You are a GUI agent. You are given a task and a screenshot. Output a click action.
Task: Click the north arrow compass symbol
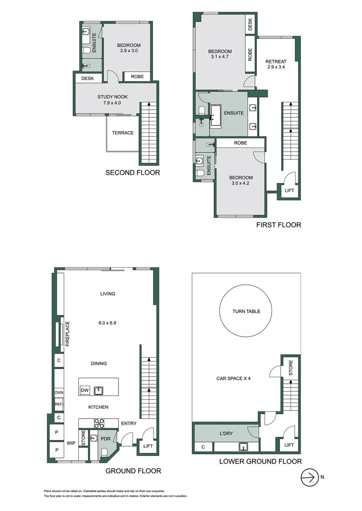(x=309, y=477)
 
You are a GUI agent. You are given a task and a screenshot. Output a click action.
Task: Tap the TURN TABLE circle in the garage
(x=246, y=311)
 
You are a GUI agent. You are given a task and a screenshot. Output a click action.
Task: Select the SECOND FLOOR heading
(x=132, y=173)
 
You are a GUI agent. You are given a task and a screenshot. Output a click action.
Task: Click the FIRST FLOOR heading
(x=279, y=225)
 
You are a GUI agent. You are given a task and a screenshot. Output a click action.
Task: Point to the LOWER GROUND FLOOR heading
(x=260, y=461)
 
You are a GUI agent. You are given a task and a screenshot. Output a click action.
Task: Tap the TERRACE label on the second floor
(x=123, y=133)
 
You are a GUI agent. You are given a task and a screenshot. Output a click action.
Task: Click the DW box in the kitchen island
(x=85, y=390)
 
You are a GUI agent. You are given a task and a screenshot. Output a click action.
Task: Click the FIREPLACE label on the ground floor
(x=67, y=334)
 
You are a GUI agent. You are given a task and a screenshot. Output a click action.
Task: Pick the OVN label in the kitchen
(x=59, y=393)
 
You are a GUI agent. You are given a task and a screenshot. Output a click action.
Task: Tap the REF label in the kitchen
(x=59, y=405)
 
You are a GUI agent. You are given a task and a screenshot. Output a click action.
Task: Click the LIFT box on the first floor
(x=289, y=190)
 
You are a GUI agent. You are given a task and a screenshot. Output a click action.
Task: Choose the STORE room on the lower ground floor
(x=290, y=368)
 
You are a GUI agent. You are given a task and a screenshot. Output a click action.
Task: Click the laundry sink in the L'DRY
(x=244, y=446)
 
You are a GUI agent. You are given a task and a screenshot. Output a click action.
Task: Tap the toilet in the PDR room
(x=104, y=452)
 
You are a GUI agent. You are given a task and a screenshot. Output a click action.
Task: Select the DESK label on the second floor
(x=88, y=79)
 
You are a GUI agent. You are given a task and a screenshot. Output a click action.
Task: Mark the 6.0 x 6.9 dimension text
(x=108, y=323)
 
